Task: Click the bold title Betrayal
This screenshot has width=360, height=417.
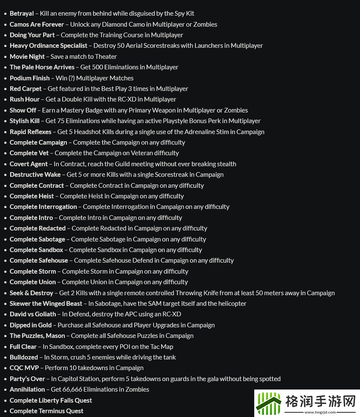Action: pyautogui.click(x=22, y=14)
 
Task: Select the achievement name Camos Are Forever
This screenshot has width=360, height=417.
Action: pyautogui.click(x=37, y=25)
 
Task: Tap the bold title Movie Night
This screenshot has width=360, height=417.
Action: pyautogui.click(x=27, y=57)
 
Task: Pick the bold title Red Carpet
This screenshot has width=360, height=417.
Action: pyautogui.click(x=26, y=89)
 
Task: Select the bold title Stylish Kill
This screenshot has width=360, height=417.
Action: pyautogui.click(x=25, y=121)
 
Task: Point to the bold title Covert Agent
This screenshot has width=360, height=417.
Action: pyautogui.click(x=29, y=164)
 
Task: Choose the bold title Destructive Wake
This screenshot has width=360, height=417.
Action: pyautogui.click(x=35, y=175)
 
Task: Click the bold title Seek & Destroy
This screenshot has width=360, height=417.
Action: pyautogui.click(x=31, y=293)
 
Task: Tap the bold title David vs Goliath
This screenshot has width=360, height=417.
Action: pyautogui.click(x=33, y=314)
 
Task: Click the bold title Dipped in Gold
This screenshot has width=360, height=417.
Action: pyautogui.click(x=30, y=325)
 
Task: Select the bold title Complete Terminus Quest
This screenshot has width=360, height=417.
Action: pyautogui.click(x=47, y=411)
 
